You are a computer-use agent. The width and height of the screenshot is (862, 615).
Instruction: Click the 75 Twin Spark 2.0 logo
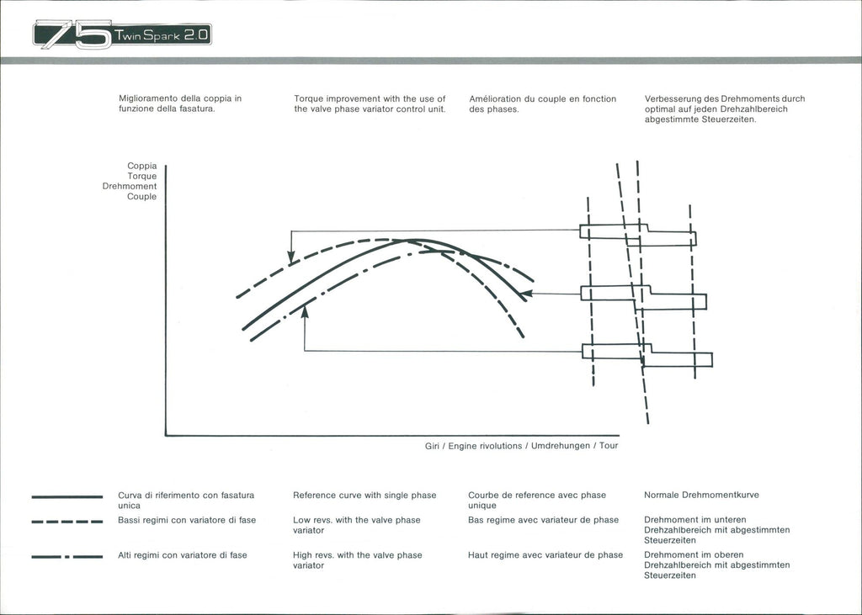coord(122,35)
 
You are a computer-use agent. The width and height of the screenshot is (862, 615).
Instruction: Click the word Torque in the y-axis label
coord(141,176)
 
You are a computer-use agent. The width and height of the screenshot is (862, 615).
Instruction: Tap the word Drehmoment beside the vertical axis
coord(130,186)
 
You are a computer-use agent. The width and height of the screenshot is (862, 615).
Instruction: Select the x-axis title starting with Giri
coord(521,446)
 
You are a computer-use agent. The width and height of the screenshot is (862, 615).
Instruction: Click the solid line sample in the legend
coord(67,497)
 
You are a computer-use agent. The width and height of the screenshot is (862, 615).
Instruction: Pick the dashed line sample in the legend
coord(67,522)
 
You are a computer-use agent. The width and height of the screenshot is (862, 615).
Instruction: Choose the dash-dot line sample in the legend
coord(67,556)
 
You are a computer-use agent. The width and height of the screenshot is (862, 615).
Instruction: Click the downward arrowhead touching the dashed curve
coord(291,257)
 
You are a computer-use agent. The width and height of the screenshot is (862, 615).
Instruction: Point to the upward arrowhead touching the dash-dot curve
coord(304,310)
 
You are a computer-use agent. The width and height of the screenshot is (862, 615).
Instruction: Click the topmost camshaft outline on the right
coord(637,234)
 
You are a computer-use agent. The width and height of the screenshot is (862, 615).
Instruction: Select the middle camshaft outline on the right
coord(643,297)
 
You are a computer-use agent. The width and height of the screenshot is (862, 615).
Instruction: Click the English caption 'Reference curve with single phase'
coord(364,496)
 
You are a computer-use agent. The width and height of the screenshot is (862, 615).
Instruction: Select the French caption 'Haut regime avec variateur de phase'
coord(545,555)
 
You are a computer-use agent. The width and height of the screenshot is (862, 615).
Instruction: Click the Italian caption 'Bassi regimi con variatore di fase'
coord(187,520)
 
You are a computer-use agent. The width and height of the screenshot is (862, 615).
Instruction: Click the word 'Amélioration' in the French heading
coord(497,99)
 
